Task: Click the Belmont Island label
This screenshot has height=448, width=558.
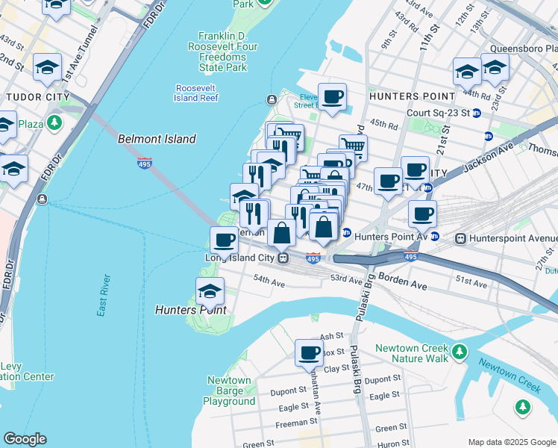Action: click(157, 139)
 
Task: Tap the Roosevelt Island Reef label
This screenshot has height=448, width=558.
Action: click(196, 93)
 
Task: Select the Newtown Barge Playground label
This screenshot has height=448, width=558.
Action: click(229, 391)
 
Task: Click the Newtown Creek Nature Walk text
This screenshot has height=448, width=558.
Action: click(411, 354)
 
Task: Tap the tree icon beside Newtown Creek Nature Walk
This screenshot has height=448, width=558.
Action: click(460, 350)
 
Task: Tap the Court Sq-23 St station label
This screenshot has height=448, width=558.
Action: click(438, 113)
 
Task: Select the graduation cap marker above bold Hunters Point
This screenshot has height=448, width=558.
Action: click(210, 290)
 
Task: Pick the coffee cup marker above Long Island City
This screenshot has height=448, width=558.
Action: click(224, 240)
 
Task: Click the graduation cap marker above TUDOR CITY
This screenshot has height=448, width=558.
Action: click(47, 68)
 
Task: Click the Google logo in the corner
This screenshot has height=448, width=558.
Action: click(25, 439)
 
